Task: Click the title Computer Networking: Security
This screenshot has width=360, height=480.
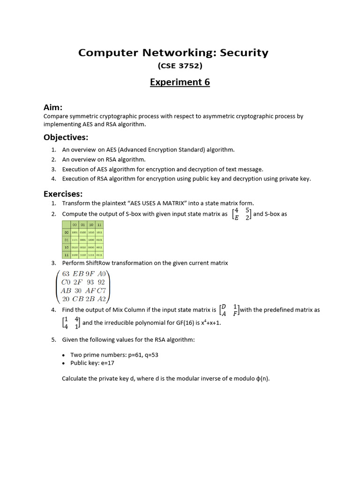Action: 173,52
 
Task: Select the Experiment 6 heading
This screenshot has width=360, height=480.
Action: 180,82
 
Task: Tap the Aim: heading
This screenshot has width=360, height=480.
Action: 53,108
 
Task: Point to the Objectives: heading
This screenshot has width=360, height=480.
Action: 66,137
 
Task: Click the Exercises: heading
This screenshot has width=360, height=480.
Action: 63,194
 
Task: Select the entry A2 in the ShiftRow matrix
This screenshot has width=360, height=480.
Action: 102,299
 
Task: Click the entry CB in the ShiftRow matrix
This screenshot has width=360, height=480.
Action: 78,299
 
